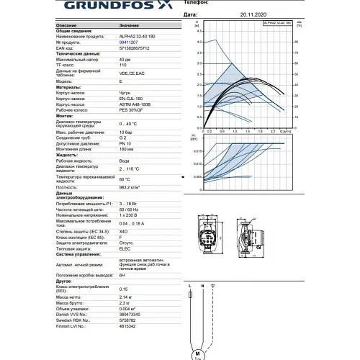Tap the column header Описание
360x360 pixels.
tap(67, 24)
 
